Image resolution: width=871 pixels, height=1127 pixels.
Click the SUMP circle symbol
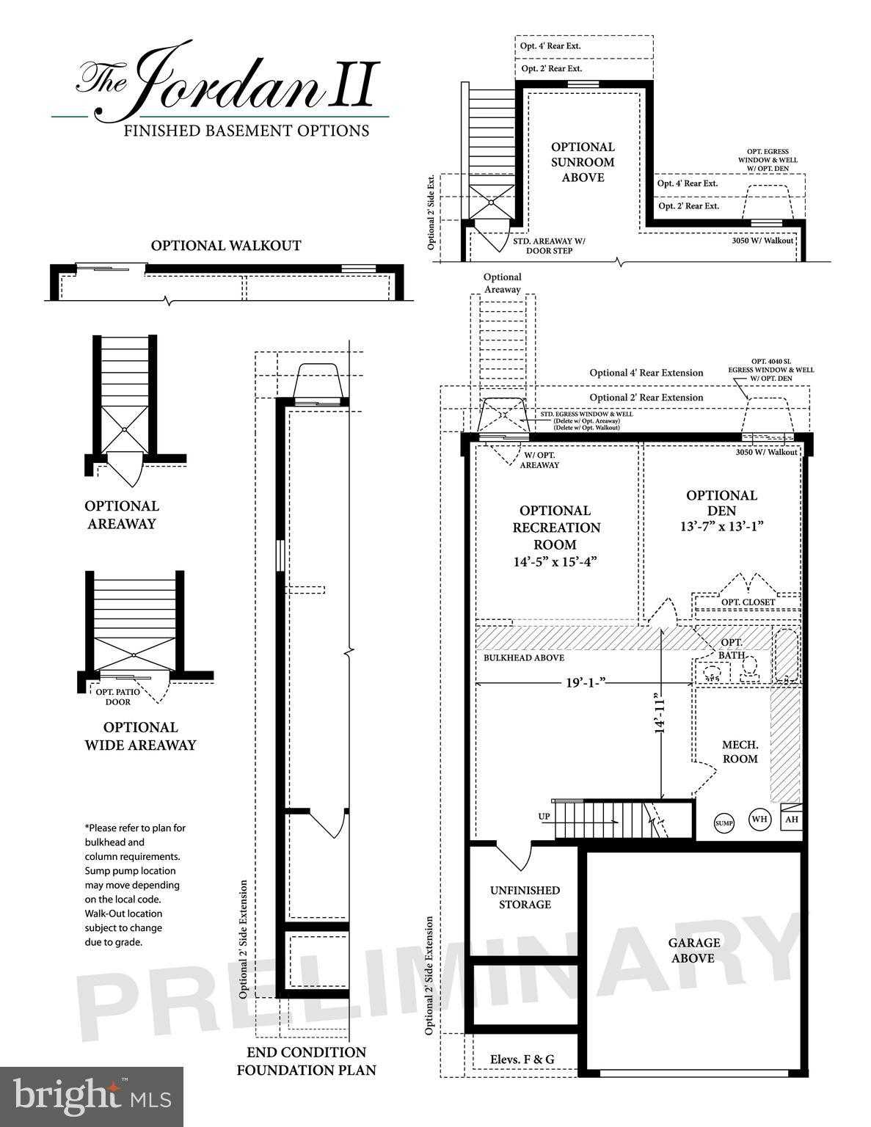[x=724, y=823]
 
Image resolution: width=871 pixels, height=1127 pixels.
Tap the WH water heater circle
[x=759, y=820]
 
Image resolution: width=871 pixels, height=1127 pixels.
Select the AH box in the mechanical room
[x=791, y=820]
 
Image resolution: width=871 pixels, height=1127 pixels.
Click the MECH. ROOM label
[x=740, y=751]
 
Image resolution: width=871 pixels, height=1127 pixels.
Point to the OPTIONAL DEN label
[x=721, y=503]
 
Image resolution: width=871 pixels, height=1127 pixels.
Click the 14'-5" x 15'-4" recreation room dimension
[x=555, y=562]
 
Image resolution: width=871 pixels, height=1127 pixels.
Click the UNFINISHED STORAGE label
[x=525, y=897]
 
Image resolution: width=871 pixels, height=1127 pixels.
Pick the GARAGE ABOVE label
[x=693, y=950]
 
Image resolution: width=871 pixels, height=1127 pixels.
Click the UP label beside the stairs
[x=544, y=816]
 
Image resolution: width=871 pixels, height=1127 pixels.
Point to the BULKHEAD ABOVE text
[x=524, y=658]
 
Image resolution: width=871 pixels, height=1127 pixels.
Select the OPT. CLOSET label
[x=748, y=602]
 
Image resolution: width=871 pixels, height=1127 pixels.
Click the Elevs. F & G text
[x=522, y=1059]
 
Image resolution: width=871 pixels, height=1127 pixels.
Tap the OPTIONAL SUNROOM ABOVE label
[x=583, y=162]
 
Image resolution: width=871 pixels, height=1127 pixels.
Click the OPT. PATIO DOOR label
[x=118, y=697]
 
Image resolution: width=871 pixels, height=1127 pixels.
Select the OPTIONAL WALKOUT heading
[x=226, y=246]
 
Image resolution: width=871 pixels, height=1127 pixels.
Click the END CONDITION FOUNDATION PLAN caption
[x=306, y=1061]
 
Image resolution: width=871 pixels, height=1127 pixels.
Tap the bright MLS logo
[x=92, y=1096]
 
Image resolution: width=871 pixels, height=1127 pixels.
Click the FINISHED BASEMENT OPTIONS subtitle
[x=246, y=131]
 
